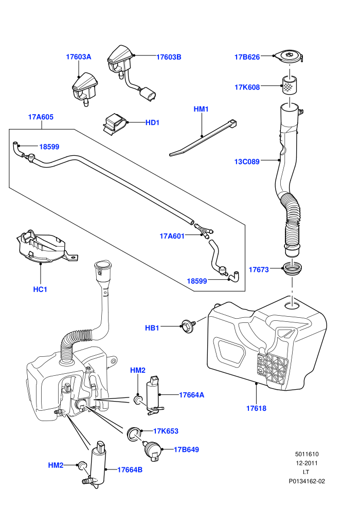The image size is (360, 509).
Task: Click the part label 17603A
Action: coord(79,57)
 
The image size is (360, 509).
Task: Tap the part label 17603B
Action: coord(169,57)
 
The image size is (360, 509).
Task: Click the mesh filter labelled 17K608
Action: coord(290,85)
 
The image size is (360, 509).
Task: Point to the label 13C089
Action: coord(247,161)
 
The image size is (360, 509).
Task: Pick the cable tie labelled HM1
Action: coord(203,138)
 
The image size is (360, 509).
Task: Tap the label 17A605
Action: coord(41,117)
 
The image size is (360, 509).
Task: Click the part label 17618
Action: coord(257,408)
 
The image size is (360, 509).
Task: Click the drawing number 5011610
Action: coord(307,454)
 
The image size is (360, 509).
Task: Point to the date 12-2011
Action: coord(307,463)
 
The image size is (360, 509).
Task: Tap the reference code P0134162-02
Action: coord(307,481)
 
